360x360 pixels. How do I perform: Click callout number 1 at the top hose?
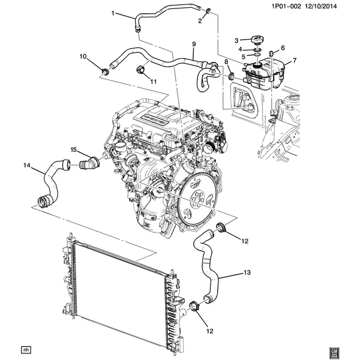(x=112, y=13)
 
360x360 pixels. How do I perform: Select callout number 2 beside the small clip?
(x=200, y=21)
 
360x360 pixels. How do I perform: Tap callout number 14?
(x=26, y=165)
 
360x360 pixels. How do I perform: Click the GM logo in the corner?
(x=336, y=350)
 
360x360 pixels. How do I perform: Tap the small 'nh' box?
(x=25, y=349)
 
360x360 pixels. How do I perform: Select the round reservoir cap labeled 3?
(x=257, y=40)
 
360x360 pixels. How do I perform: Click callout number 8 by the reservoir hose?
(x=226, y=62)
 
